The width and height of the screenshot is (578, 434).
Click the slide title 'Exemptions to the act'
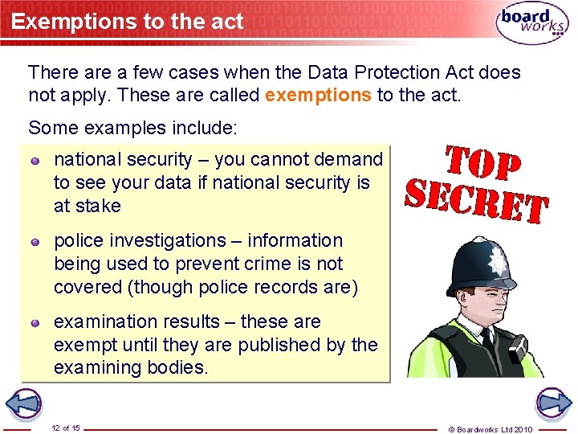point(127,22)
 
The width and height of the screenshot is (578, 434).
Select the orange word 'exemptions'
point(318,96)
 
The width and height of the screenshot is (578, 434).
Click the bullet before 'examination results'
point(36,323)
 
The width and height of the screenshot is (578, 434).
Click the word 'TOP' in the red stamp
point(482,164)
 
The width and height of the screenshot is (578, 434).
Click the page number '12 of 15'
point(65,428)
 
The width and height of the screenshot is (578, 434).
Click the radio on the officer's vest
point(514,348)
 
